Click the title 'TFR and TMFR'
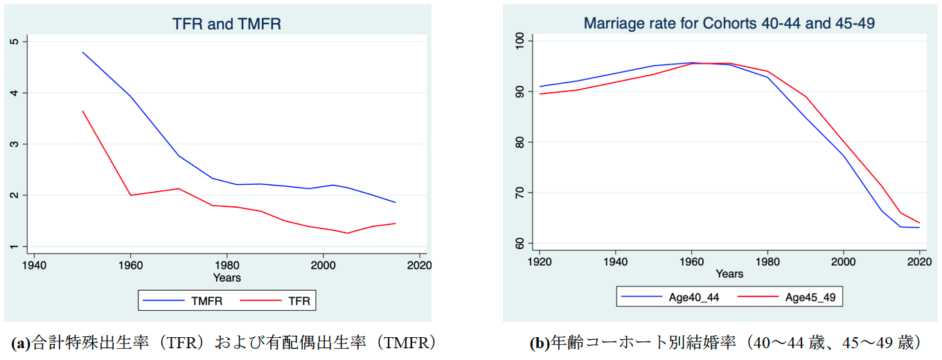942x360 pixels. pyautogui.click(x=226, y=25)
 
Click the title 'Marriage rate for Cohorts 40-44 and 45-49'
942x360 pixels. pyautogui.click(x=729, y=24)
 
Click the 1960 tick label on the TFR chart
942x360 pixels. pyautogui.click(x=130, y=265)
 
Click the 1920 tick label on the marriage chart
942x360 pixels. pyautogui.click(x=539, y=262)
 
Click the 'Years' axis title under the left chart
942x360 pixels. pyautogui.click(x=226, y=278)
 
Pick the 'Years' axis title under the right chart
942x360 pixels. pyautogui.click(x=729, y=274)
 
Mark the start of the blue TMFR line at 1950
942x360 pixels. pyautogui.click(x=82, y=52)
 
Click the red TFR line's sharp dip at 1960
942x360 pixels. pyautogui.click(x=130, y=195)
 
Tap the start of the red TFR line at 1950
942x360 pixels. pyautogui.click(x=82, y=111)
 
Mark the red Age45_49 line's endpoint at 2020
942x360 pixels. pyautogui.click(x=919, y=223)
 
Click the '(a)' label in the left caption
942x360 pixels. pyautogui.click(x=21, y=343)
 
